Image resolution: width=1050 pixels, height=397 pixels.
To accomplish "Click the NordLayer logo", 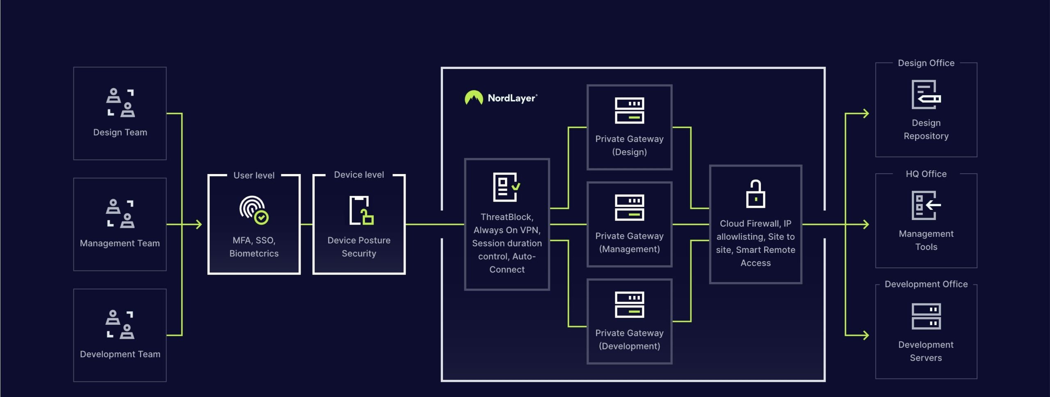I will point(500,98).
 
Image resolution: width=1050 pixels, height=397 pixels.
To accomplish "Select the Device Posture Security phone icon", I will point(361,210).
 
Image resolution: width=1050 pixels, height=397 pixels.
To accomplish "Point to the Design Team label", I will point(120,132).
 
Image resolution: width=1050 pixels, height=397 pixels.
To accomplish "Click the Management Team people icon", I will point(120,213).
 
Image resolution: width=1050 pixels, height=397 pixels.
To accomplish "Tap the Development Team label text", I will point(120,354).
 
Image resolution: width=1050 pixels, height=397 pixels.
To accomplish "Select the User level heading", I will point(253,175).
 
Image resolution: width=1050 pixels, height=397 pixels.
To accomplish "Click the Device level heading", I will point(358,174).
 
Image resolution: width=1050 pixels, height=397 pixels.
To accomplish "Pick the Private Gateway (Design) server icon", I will point(629,110).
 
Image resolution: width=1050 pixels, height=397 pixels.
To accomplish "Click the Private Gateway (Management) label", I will point(629,242).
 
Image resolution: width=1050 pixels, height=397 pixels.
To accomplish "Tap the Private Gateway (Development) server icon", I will point(629,305).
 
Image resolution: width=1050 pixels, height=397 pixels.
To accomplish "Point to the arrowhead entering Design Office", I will point(865,113).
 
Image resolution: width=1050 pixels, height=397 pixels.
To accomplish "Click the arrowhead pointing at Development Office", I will point(865,335).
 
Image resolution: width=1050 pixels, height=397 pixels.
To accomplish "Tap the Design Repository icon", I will point(926,95).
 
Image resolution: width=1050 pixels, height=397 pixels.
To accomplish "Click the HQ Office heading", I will point(926,174).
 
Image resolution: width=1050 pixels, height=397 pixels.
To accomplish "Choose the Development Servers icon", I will point(926,316).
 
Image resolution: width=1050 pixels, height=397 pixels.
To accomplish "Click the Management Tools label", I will point(926,240).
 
